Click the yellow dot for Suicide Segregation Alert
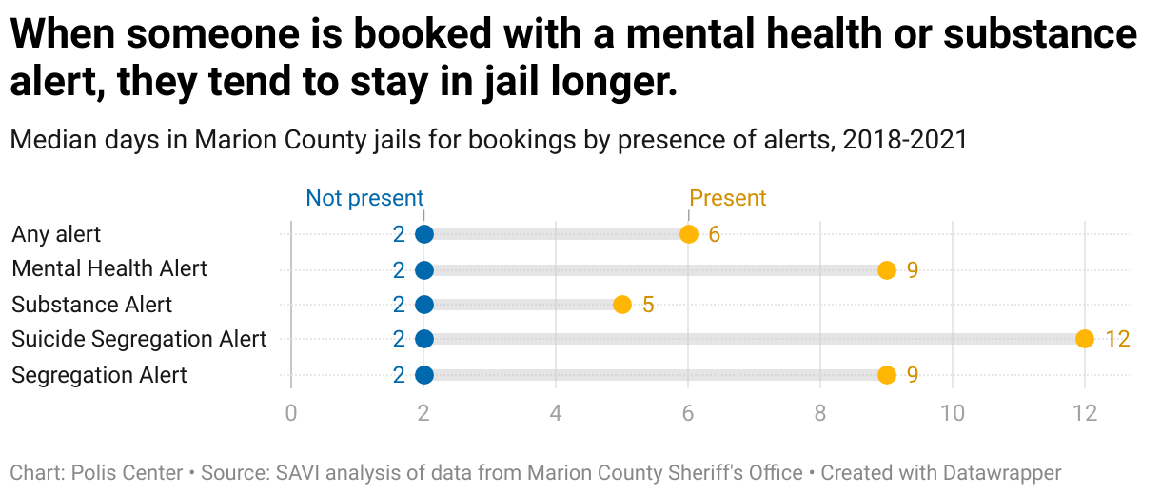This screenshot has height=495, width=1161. coord(1084,339)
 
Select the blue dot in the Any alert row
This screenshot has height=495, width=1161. coord(424,234)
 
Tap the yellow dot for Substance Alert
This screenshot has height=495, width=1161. coord(621,305)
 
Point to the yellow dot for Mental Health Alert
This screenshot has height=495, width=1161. coord(886,270)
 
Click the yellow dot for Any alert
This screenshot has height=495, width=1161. coord(688,234)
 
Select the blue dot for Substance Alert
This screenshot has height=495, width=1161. coord(424,305)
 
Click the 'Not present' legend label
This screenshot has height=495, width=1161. coord(364,198)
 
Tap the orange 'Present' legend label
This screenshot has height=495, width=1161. coord(727,198)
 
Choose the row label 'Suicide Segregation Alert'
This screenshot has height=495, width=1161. coord(139,339)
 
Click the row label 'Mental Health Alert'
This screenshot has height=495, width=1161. coord(109,269)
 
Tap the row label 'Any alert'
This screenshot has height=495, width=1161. coord(56,234)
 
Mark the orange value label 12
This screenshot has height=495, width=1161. coord(1117,339)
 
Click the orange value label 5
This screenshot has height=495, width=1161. coord(648,305)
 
